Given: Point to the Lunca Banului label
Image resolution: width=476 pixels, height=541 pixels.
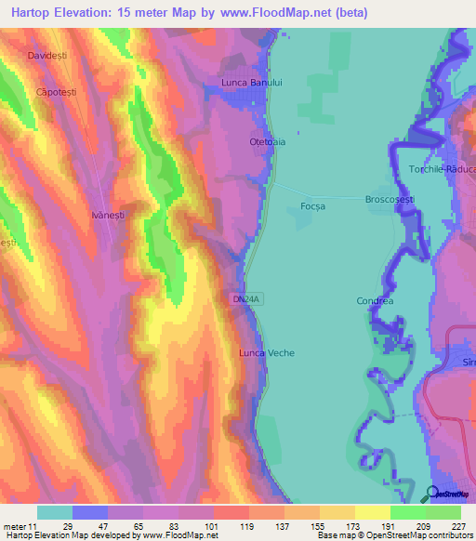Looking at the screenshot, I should (x=251, y=83).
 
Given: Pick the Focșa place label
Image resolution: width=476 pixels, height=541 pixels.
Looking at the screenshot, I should (x=313, y=206).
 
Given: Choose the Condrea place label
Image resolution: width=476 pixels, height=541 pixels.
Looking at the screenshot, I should (x=375, y=301).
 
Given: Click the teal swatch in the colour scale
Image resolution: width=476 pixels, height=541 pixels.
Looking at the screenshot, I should (x=54, y=512).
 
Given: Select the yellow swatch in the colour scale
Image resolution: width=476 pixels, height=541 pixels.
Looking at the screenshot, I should (x=373, y=512).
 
